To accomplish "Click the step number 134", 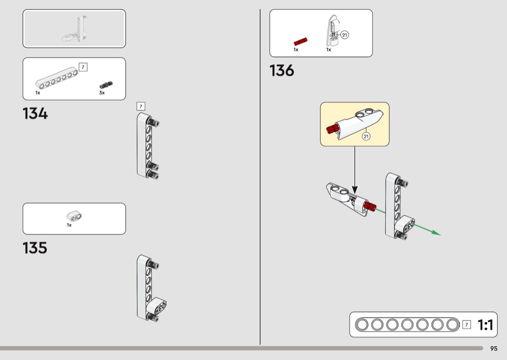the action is click(x=35, y=114).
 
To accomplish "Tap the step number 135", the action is click(x=35, y=248).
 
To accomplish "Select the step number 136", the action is click(x=282, y=70).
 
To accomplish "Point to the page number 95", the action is click(x=494, y=348).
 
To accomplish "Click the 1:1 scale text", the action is click(x=485, y=325).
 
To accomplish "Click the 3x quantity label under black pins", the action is click(x=102, y=93).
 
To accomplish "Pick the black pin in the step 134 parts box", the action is click(x=106, y=84).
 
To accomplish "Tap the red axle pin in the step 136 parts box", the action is click(x=300, y=42).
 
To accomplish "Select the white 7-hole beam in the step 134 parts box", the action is click(x=57, y=78).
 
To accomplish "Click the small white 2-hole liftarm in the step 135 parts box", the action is click(x=74, y=216).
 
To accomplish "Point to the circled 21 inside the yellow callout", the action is click(x=366, y=137).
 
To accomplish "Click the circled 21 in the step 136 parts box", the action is click(x=345, y=35).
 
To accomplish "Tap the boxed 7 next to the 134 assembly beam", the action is click(x=141, y=106).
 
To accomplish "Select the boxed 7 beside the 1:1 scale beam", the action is click(x=466, y=324).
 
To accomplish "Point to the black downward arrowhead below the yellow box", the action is click(x=355, y=190).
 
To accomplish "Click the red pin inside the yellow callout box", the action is click(x=332, y=129).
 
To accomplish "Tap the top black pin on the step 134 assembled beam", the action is click(x=153, y=122).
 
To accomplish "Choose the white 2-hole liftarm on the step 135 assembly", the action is click(x=156, y=306).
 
